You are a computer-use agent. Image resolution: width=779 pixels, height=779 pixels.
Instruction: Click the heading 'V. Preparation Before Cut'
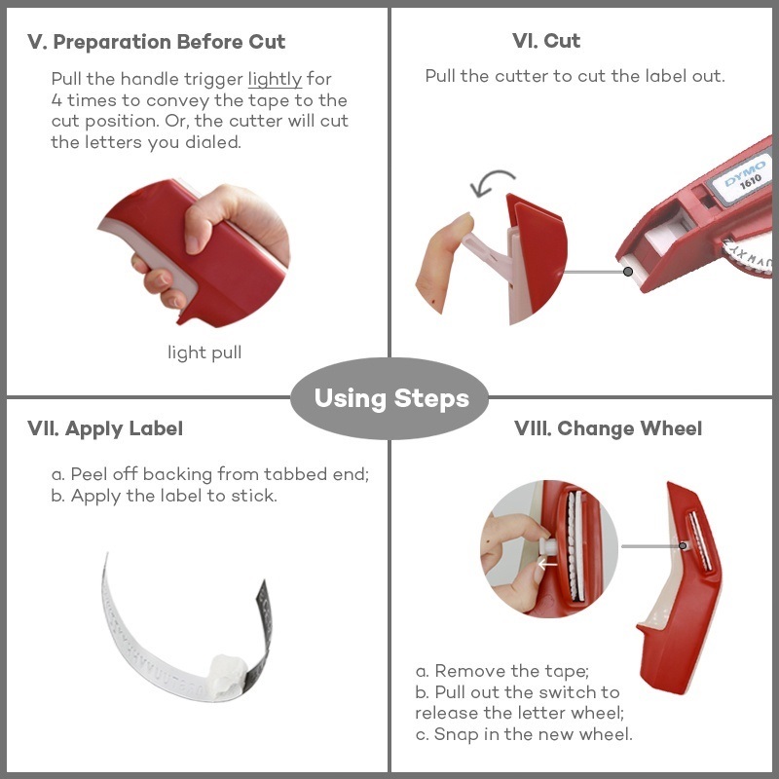tap(156, 42)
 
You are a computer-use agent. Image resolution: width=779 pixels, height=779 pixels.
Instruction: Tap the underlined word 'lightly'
tap(275, 79)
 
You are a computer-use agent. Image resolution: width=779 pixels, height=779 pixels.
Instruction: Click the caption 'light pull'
tap(204, 352)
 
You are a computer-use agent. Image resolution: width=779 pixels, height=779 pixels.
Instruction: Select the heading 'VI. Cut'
tap(546, 41)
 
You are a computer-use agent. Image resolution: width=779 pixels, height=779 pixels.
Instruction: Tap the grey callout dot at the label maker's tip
tap(628, 272)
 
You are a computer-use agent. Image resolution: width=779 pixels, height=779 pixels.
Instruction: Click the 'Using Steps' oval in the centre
tap(389, 398)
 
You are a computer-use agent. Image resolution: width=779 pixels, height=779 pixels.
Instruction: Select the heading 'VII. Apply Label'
tap(105, 428)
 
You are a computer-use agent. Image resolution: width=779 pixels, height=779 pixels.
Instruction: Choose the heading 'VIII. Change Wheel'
tap(608, 428)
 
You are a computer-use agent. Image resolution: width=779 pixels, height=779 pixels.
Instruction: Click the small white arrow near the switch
tap(547, 564)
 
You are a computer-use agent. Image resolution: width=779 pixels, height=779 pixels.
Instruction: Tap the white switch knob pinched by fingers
tap(545, 546)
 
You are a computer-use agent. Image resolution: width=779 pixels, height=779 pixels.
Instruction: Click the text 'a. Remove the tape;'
tap(502, 671)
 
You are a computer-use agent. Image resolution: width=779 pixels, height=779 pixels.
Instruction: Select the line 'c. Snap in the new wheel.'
tap(524, 734)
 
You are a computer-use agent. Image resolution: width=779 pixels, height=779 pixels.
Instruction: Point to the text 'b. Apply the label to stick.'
tap(165, 496)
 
